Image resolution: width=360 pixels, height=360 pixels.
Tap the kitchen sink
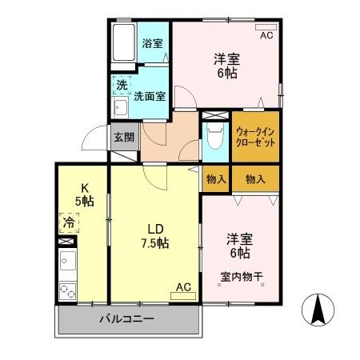pyautogui.click(x=67, y=262)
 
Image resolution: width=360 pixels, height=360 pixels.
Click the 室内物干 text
pyautogui.click(x=242, y=277)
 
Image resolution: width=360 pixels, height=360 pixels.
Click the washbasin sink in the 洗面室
pyautogui.click(x=121, y=108)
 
